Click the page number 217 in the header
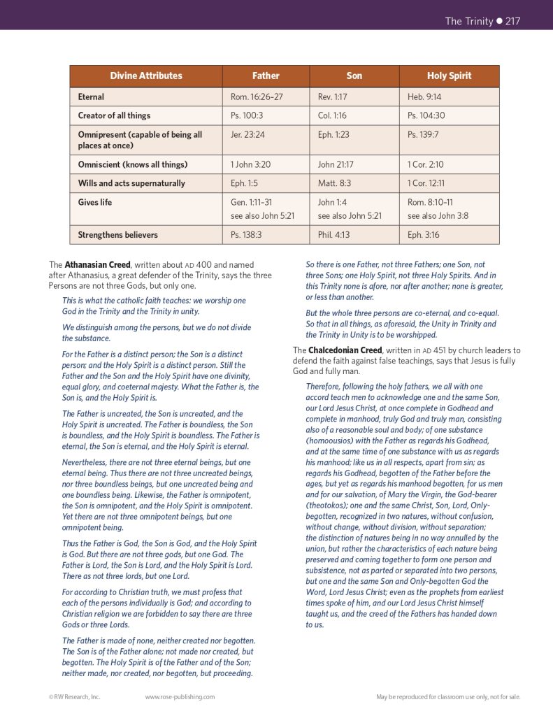pyautogui.click(x=512, y=21)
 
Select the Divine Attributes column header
pyautogui.click(x=146, y=76)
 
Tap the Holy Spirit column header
pyautogui.click(x=449, y=76)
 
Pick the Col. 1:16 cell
pyautogui.click(x=332, y=115)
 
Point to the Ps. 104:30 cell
pyautogui.click(x=426, y=115)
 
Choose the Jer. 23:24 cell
pyautogui.click(x=248, y=134)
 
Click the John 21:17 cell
pyautogui.click(x=336, y=164)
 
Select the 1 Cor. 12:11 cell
pyautogui.click(x=426, y=183)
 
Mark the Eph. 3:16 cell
pyautogui.click(x=424, y=235)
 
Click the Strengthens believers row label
pyautogui.click(x=117, y=235)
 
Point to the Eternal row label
pyautogui.click(x=91, y=96)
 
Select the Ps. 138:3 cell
pyautogui.click(x=246, y=235)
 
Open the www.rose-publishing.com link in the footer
pyautogui.click(x=180, y=696)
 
